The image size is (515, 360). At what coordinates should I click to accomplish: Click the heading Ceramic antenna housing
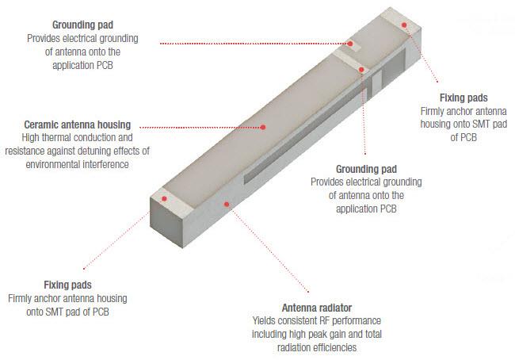[77, 124]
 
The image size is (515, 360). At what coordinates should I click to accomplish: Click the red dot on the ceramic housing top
[262, 125]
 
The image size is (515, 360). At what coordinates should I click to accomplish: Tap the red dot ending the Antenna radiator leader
[227, 204]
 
